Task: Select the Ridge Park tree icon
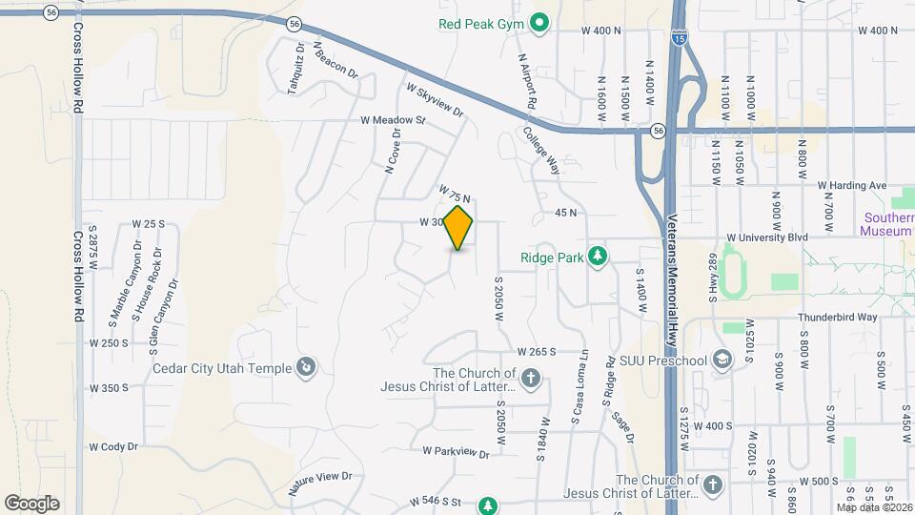598,257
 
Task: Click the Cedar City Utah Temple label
224,367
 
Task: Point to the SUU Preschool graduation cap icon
723,360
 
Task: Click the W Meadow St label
392,121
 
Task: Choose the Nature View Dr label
320,484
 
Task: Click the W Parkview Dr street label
457,453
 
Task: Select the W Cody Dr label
114,446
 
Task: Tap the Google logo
31,504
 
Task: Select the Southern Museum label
887,223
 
